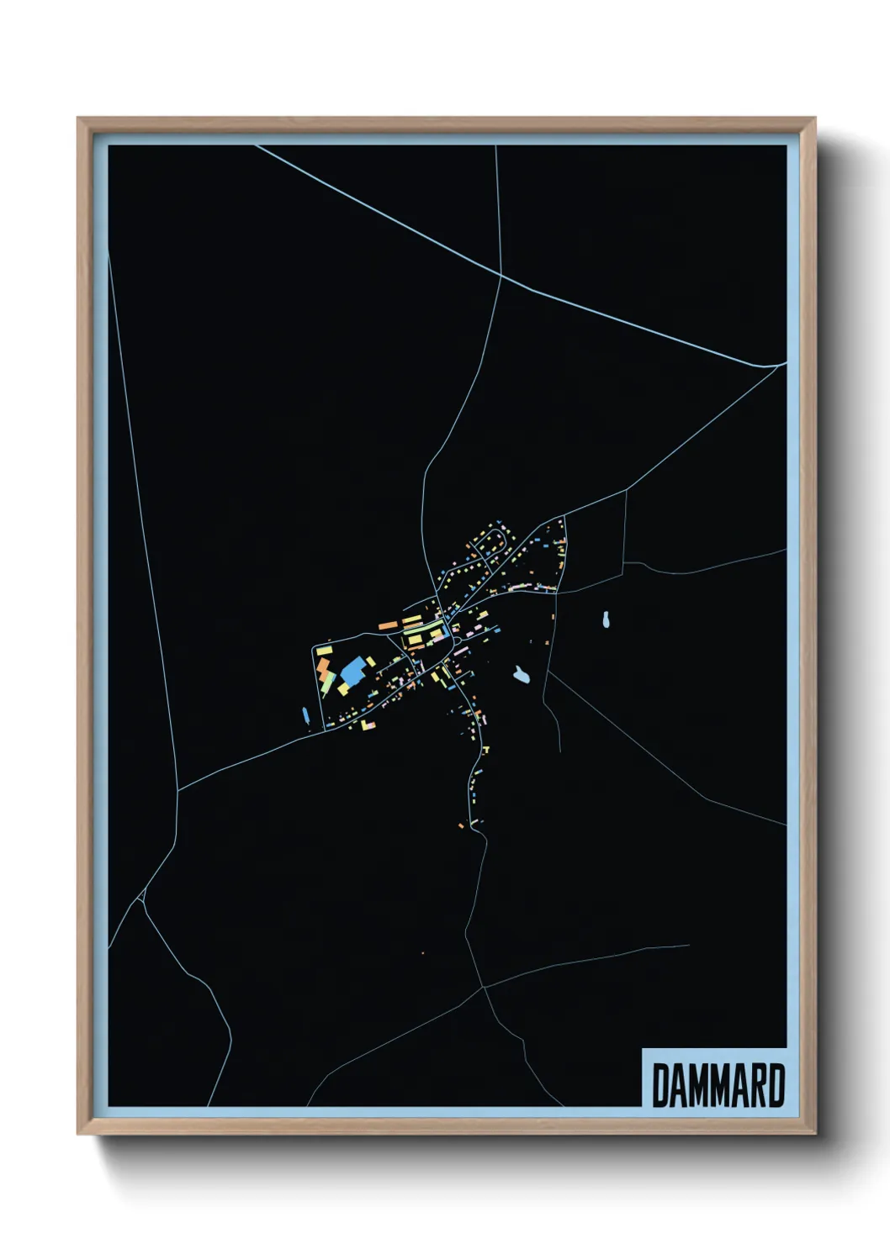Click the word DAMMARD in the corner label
click(718, 1086)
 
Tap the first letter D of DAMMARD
click(660, 1086)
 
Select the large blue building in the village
click(353, 672)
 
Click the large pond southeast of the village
click(522, 675)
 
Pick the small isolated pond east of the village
click(607, 620)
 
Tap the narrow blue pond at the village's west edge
click(305, 716)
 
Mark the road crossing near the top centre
click(501, 275)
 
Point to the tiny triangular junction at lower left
click(143, 899)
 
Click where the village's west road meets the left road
click(178, 790)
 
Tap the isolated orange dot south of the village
click(422, 953)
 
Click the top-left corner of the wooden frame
click(78, 119)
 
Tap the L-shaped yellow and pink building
click(367, 724)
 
